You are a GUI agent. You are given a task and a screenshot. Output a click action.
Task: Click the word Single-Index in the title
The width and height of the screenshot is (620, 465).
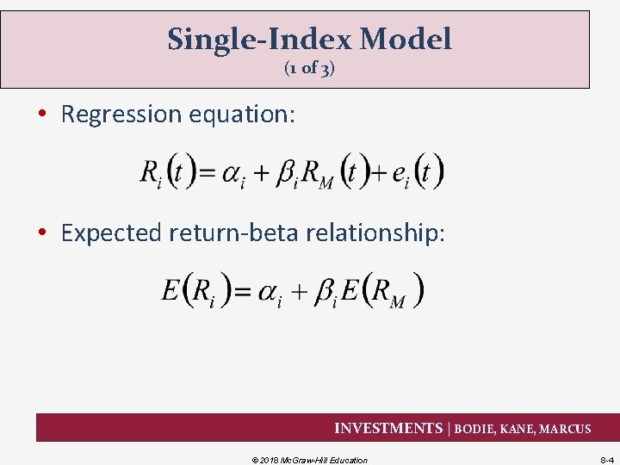(x=258, y=40)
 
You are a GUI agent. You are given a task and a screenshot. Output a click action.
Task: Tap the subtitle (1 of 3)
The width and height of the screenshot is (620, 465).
(x=309, y=69)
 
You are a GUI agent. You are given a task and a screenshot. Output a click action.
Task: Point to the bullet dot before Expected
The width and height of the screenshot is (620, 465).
(x=44, y=232)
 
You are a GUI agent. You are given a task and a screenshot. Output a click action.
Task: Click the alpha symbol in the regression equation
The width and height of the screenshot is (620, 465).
(x=232, y=174)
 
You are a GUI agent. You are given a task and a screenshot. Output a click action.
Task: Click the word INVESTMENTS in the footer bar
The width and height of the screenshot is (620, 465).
(x=387, y=428)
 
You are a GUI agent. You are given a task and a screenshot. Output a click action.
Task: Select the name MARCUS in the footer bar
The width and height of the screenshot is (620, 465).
(x=565, y=429)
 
